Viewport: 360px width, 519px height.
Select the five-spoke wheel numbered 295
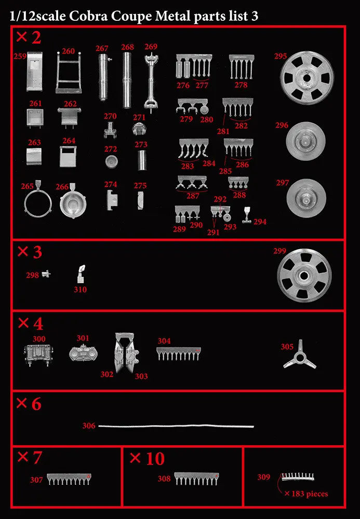pyautogui.click(x=306, y=78)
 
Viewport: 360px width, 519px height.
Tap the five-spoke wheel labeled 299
pyautogui.click(x=304, y=276)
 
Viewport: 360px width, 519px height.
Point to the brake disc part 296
pyautogui.click(x=305, y=141)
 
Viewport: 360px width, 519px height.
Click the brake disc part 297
pyautogui.click(x=306, y=198)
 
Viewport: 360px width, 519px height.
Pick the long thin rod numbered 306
pyautogui.click(x=176, y=426)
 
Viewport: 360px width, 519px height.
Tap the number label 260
pyautogui.click(x=68, y=51)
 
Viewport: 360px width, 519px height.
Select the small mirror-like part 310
pyautogui.click(x=82, y=274)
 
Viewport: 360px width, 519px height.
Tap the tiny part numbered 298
pyautogui.click(x=46, y=274)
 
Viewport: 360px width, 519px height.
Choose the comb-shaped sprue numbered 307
pyautogui.click(x=69, y=479)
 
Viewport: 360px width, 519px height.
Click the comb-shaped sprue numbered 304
pyautogui.click(x=179, y=354)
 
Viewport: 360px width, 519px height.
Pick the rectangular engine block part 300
pyautogui.click(x=38, y=355)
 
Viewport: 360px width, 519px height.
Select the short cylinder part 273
pyautogui.click(x=142, y=160)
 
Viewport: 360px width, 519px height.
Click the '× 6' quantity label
pyautogui.click(x=29, y=404)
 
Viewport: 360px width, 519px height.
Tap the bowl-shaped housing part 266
pyautogui.click(x=73, y=201)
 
